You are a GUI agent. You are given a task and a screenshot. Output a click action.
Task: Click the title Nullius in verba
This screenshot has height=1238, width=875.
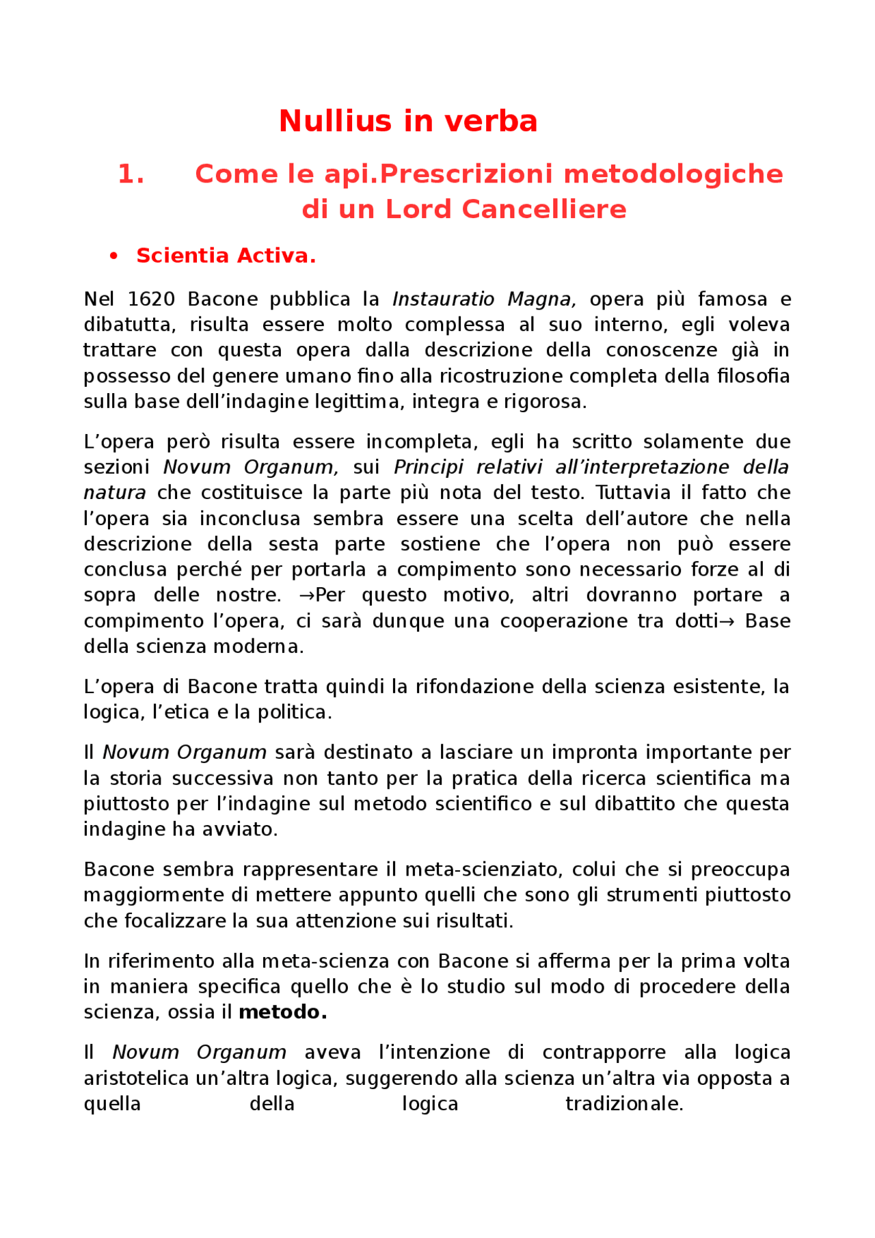pyautogui.click(x=408, y=122)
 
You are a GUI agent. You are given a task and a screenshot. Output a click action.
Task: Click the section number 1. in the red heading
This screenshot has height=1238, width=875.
pyautogui.click(x=131, y=174)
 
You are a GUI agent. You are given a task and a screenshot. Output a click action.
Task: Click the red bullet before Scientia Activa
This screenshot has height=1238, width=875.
pyautogui.click(x=113, y=256)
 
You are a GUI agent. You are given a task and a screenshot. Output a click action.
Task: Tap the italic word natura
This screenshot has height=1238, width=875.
pyautogui.click(x=114, y=493)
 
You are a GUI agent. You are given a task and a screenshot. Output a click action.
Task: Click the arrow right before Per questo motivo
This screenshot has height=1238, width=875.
pyautogui.click(x=306, y=595)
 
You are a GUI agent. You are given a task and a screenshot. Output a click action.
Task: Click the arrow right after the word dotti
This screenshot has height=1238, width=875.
pyautogui.click(x=727, y=621)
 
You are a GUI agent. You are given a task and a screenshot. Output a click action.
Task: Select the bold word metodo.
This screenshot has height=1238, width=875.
pyautogui.click(x=282, y=1012)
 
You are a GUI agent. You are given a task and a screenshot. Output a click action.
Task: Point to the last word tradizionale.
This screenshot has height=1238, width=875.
pyautogui.click(x=623, y=1104)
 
